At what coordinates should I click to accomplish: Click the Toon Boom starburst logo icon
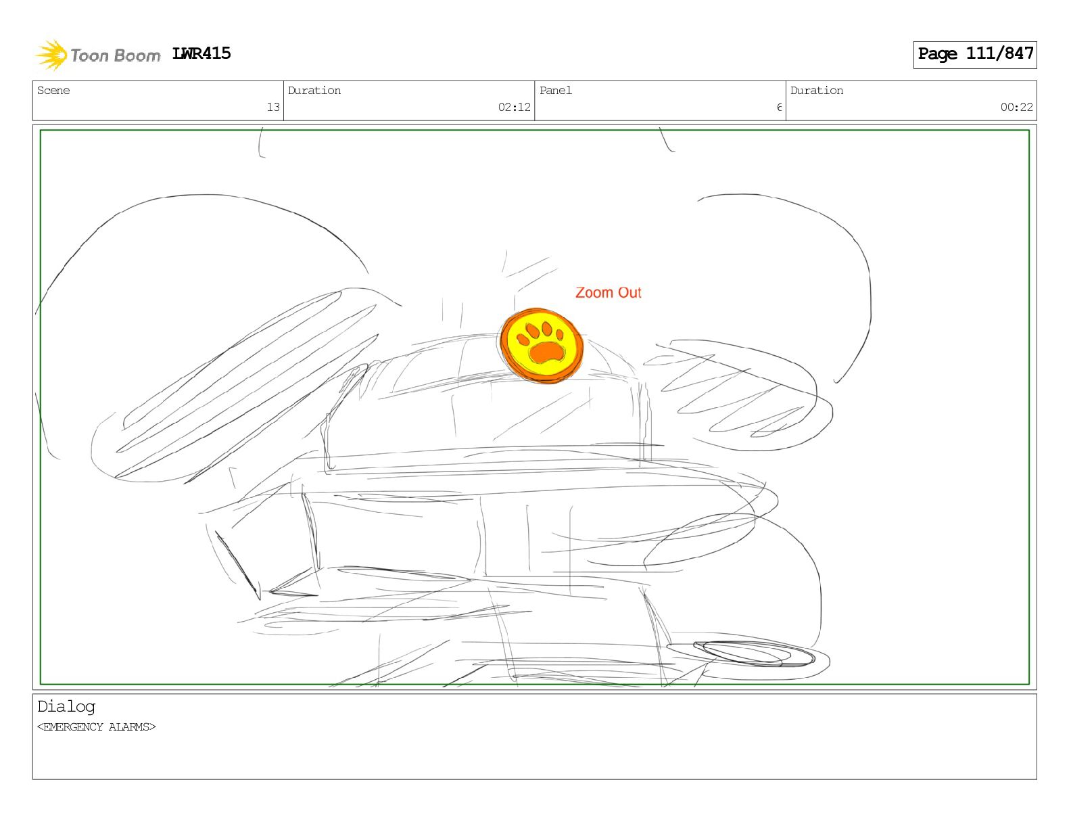51,55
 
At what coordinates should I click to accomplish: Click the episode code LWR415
201,53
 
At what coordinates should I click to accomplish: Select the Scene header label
53,90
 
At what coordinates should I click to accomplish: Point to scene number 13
273,107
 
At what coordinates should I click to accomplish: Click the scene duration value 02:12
514,107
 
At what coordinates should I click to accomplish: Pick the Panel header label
556,90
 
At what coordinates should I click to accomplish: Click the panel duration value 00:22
1016,107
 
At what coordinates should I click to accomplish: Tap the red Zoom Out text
609,292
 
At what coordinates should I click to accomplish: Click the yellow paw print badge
542,345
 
